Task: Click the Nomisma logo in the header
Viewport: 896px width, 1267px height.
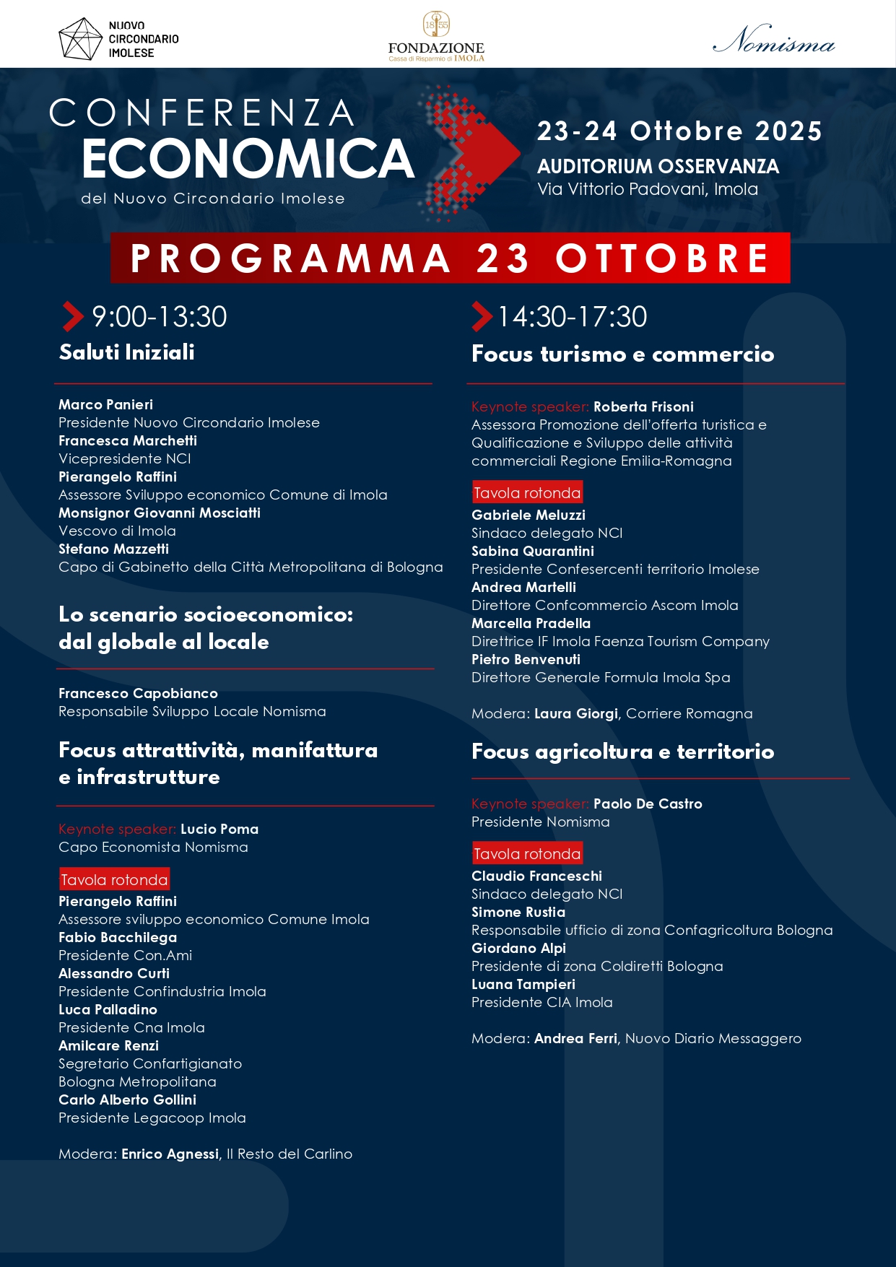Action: (773, 40)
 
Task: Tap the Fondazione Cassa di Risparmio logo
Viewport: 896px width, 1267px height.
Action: (436, 37)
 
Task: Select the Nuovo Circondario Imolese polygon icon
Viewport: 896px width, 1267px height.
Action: (80, 39)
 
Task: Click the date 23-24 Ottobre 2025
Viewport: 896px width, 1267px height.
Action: (679, 131)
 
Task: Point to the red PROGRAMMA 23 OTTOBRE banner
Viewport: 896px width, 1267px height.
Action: (450, 258)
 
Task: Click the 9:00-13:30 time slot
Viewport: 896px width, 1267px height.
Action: (159, 317)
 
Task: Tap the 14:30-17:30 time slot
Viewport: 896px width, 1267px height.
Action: (572, 317)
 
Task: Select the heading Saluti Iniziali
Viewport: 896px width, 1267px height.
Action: (127, 352)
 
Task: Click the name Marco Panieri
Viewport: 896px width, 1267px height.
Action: (106, 404)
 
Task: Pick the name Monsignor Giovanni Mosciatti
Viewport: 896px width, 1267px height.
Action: (160, 513)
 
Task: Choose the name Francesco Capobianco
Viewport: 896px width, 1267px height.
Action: (138, 693)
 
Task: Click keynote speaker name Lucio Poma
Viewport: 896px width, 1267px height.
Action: (219, 829)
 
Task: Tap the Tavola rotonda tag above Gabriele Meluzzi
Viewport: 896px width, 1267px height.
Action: (527, 493)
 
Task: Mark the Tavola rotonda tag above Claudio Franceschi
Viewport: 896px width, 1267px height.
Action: (527, 854)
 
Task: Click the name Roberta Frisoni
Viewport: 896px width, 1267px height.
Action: (643, 406)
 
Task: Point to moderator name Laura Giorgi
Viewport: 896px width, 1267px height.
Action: (576, 713)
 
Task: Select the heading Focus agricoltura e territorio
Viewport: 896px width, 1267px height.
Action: (622, 752)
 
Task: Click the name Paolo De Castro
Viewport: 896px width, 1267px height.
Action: (648, 804)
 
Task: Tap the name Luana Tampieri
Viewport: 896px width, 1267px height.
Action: (523, 984)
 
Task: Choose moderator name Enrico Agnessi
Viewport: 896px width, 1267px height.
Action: (170, 1154)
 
